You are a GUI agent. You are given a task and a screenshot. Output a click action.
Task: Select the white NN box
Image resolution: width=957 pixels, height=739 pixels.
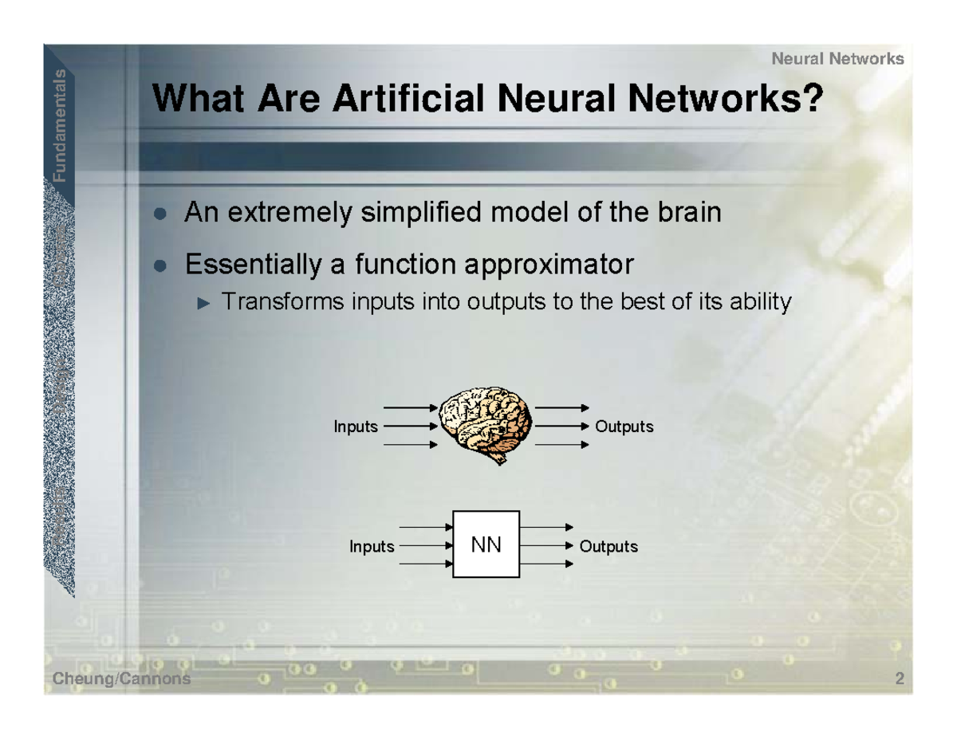tap(486, 544)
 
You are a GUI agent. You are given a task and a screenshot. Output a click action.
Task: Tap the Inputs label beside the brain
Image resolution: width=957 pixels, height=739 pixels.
tap(355, 426)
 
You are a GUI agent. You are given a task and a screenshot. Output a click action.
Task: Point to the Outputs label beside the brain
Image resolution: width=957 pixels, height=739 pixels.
tap(624, 426)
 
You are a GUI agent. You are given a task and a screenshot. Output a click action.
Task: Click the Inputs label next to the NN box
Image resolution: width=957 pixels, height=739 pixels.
tap(372, 547)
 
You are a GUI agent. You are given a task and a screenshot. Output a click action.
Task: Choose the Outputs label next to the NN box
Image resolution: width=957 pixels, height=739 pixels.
tap(608, 547)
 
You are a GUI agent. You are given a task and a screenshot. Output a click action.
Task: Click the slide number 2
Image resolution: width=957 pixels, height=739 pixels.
tap(900, 679)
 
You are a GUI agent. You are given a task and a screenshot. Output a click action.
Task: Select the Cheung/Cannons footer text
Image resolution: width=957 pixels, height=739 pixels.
tap(122, 678)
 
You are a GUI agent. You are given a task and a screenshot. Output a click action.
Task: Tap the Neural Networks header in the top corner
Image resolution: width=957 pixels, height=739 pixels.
tap(838, 58)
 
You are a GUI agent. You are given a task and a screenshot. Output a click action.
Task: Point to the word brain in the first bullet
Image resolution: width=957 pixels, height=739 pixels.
tap(687, 213)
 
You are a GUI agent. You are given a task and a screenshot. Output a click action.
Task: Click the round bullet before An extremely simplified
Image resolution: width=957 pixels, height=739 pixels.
tap(161, 214)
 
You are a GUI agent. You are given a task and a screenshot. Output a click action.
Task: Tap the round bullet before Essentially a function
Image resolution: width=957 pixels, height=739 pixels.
tap(161, 265)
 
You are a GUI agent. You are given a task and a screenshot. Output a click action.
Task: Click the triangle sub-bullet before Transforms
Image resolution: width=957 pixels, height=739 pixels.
tap(204, 303)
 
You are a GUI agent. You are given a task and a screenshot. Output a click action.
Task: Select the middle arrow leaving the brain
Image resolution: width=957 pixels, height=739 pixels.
tap(562, 426)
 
